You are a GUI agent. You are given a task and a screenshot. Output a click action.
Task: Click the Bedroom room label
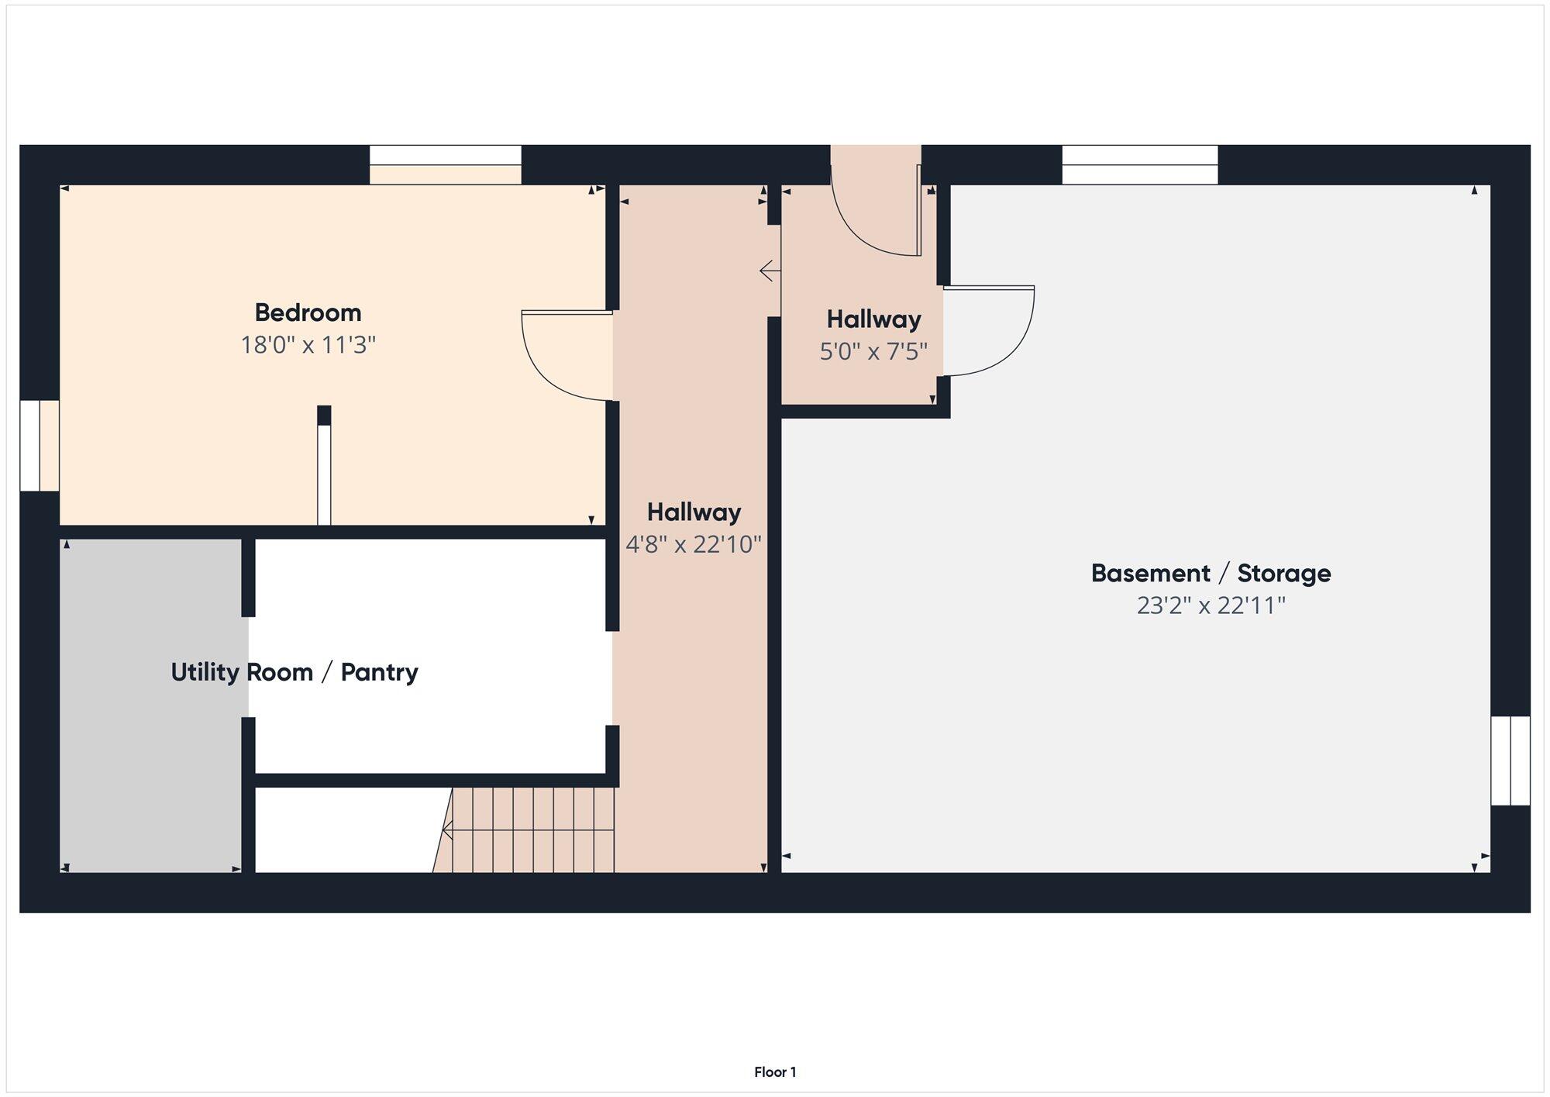[x=308, y=312]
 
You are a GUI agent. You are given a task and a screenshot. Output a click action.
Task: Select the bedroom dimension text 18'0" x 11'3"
[x=308, y=344]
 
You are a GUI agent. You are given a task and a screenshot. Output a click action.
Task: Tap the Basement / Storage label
[x=1211, y=573]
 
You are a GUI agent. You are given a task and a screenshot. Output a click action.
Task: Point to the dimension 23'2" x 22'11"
[x=1211, y=605]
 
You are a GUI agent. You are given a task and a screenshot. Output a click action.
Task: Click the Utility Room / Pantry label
[x=294, y=672]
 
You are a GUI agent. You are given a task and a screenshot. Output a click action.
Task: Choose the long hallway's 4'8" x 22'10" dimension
[x=694, y=544]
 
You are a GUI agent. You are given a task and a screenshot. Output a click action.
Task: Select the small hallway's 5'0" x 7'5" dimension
[x=873, y=351]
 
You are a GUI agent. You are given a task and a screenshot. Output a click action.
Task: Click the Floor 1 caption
[x=775, y=1072]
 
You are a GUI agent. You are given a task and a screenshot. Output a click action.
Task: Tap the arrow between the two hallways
[x=770, y=271]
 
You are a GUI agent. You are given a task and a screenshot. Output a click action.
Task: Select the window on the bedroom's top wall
[x=445, y=164]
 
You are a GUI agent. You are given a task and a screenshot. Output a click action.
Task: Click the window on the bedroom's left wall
[x=39, y=446]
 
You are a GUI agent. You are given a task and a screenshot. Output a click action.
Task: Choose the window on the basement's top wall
[x=1139, y=164]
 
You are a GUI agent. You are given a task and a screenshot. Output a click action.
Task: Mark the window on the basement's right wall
[x=1510, y=761]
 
